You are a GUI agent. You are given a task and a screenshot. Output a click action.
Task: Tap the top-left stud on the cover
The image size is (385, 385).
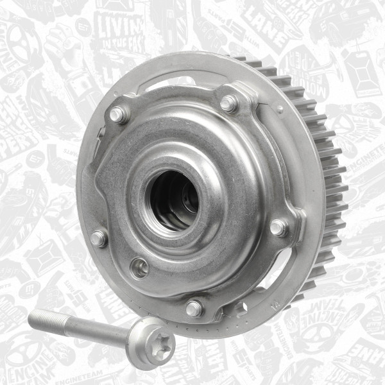(x=117, y=115)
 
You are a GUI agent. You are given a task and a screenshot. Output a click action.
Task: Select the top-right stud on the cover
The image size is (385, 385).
(x=228, y=102)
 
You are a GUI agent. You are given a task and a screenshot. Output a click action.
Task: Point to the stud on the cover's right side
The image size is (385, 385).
(x=278, y=227)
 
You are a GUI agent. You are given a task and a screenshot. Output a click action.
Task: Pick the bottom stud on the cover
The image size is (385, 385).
(x=193, y=308)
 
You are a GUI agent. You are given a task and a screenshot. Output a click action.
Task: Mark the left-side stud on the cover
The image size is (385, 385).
(x=98, y=239)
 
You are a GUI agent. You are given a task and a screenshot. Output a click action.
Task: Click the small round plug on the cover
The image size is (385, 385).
(x=139, y=268)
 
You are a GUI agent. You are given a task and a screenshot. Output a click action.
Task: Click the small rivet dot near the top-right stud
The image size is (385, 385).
(x=280, y=110)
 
